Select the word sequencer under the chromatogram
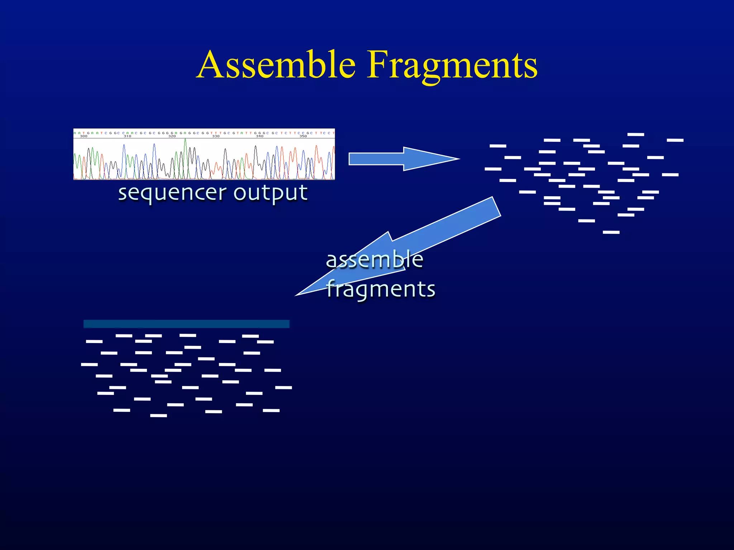[172, 194]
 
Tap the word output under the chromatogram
[271, 194]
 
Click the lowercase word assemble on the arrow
[375, 260]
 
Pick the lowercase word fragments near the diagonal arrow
[381, 289]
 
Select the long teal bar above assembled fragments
[186, 324]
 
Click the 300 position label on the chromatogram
[84, 136]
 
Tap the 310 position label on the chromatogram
[127, 136]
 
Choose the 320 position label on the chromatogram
[172, 136]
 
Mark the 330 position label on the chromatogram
[216, 136]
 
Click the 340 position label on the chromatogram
[259, 136]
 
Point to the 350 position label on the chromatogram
[303, 136]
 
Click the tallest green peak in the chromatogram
[185, 143]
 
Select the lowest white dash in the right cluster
[611, 232]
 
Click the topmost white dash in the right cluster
[636, 134]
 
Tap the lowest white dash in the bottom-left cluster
[158, 415]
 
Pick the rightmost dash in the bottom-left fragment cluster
[283, 387]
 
